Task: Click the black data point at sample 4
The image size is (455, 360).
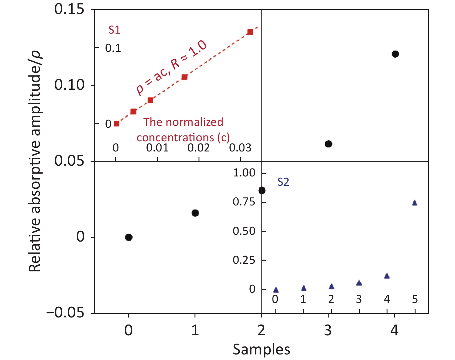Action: tap(395, 54)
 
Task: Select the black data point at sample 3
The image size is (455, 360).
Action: tap(329, 144)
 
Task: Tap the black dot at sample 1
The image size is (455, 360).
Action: tap(195, 213)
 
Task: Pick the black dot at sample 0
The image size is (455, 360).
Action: tap(129, 237)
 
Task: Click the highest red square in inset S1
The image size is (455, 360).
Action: tap(250, 32)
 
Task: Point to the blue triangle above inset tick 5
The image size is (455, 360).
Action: tap(415, 203)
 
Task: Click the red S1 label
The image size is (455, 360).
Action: tap(114, 30)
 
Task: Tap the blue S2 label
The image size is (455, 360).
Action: tap(283, 182)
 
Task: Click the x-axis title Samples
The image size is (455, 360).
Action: tap(261, 350)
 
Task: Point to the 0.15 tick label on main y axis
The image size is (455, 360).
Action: tap(69, 9)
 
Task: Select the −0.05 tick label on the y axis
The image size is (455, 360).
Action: tap(65, 313)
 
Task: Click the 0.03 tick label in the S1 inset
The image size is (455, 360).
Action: tap(240, 148)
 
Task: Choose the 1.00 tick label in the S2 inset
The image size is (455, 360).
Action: tap(244, 173)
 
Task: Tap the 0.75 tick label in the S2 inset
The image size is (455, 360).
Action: tap(244, 202)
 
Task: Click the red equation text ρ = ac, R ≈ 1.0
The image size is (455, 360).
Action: tap(171, 68)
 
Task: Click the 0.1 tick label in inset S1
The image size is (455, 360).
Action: tap(113, 48)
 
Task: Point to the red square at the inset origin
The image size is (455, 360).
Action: tap(117, 124)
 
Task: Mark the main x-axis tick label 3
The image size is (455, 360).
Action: tap(328, 330)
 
